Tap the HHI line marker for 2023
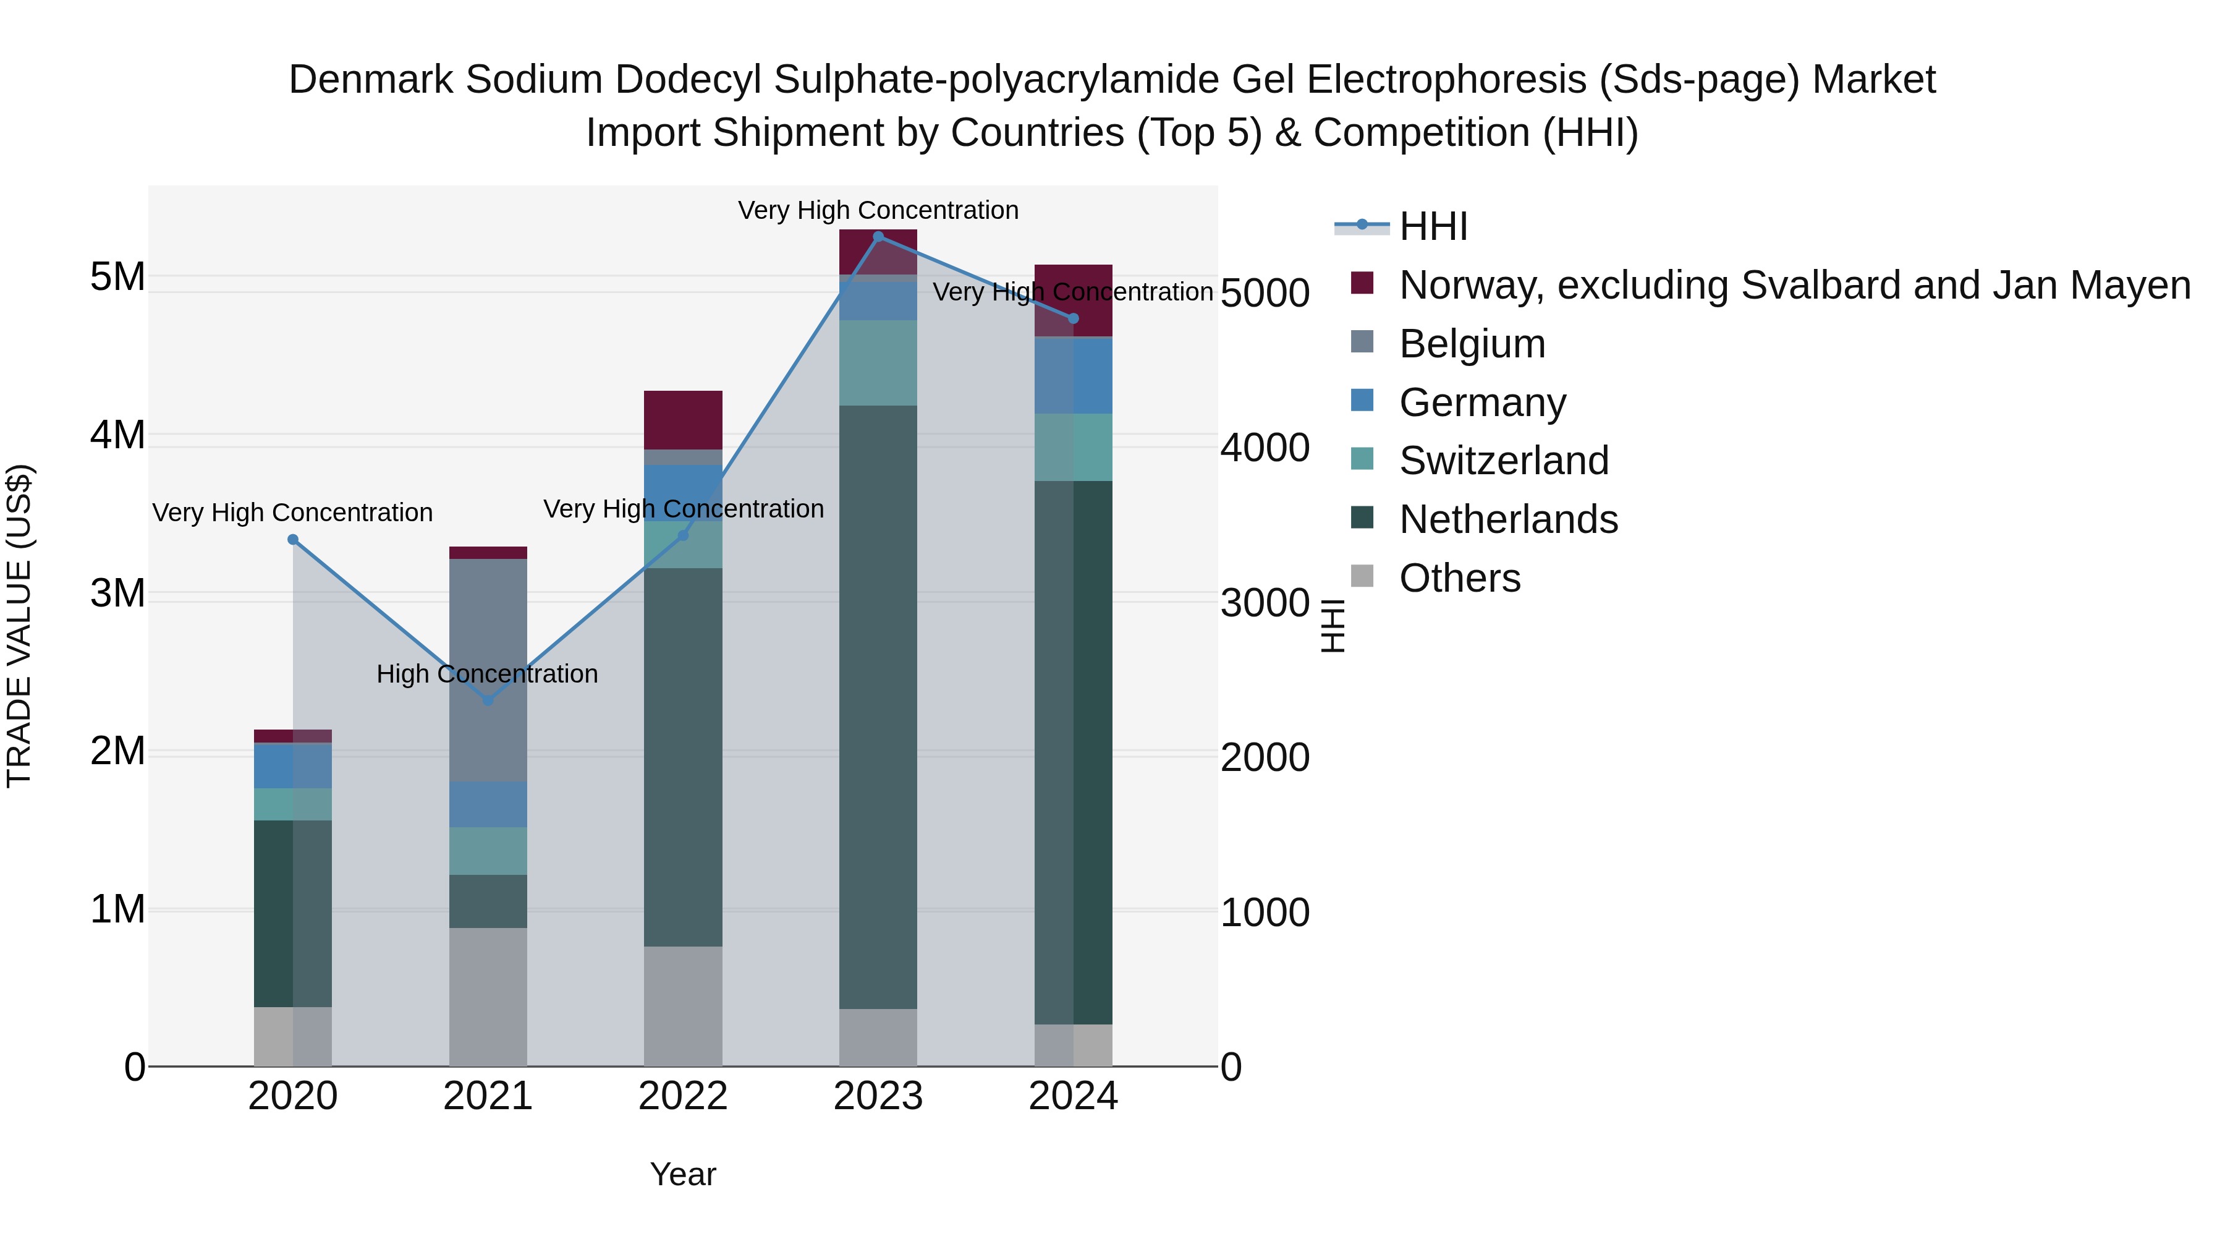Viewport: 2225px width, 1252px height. [878, 237]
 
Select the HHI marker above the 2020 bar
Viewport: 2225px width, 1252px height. [293, 540]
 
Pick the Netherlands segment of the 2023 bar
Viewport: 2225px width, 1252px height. [878, 707]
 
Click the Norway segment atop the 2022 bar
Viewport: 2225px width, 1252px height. [683, 420]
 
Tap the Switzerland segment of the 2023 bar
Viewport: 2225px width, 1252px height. [878, 363]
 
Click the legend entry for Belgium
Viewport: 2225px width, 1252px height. [1471, 344]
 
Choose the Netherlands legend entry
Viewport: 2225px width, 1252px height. [1507, 519]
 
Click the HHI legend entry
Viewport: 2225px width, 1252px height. [1432, 226]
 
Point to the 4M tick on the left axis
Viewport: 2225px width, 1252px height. [117, 435]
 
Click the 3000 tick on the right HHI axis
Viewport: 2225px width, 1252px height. [1265, 602]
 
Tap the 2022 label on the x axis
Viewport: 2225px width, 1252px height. [683, 1096]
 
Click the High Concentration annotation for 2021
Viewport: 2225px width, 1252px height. [487, 674]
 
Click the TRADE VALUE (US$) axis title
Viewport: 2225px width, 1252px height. [19, 626]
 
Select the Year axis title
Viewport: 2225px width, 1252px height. [683, 1174]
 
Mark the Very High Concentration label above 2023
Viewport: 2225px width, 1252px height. [878, 210]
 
